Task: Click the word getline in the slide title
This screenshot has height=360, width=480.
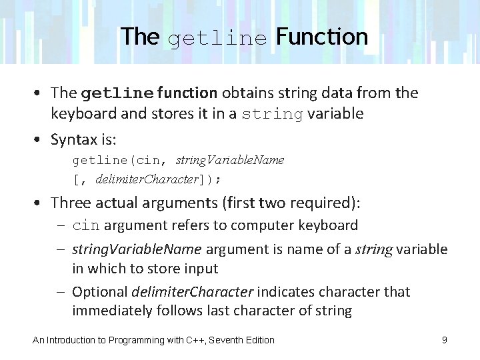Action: coord(217,39)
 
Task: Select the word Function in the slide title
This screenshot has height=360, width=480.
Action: coord(322,37)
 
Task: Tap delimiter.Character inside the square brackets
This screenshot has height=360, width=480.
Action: coord(147,179)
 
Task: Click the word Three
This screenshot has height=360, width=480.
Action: coord(70,202)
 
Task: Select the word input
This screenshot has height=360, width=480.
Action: coord(201,269)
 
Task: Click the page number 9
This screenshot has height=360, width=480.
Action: coord(444,340)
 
